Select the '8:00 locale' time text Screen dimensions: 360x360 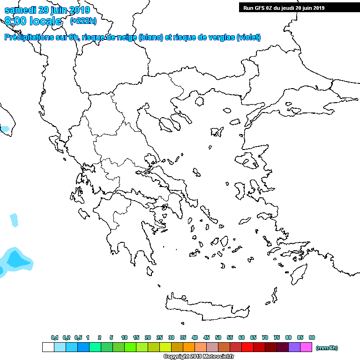click(x=33, y=21)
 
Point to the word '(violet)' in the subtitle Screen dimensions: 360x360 click(x=248, y=37)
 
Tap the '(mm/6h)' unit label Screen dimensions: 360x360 click(x=327, y=348)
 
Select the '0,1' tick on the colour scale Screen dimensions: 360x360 click(x=54, y=337)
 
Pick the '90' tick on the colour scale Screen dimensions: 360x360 click(x=312, y=337)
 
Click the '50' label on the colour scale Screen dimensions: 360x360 click(x=218, y=337)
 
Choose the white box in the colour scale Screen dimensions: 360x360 click(x=48, y=347)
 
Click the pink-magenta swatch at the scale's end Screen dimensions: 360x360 click(x=306, y=347)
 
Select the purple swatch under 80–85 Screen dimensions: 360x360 click(x=294, y=347)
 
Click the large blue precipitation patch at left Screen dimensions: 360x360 click(x=15, y=260)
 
